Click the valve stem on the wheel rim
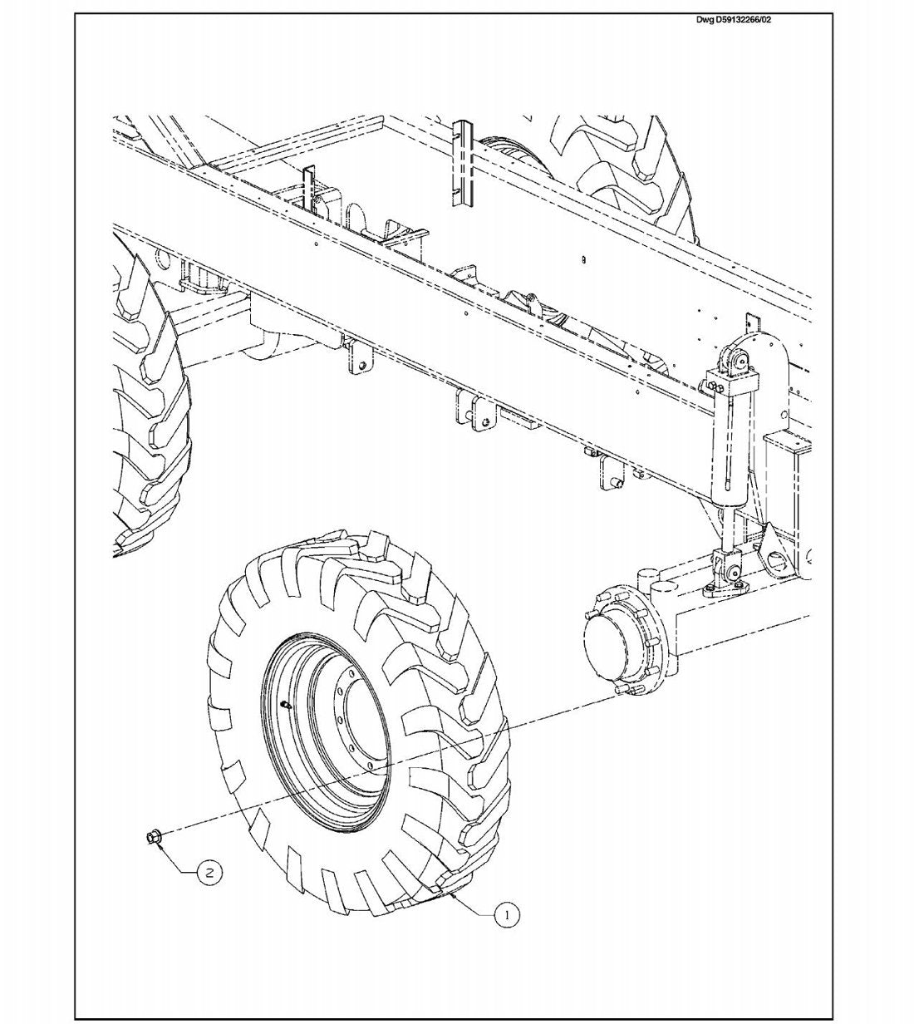286,702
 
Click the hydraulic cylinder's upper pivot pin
740,361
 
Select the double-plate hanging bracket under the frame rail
472,411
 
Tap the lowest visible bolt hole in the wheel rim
371,780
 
